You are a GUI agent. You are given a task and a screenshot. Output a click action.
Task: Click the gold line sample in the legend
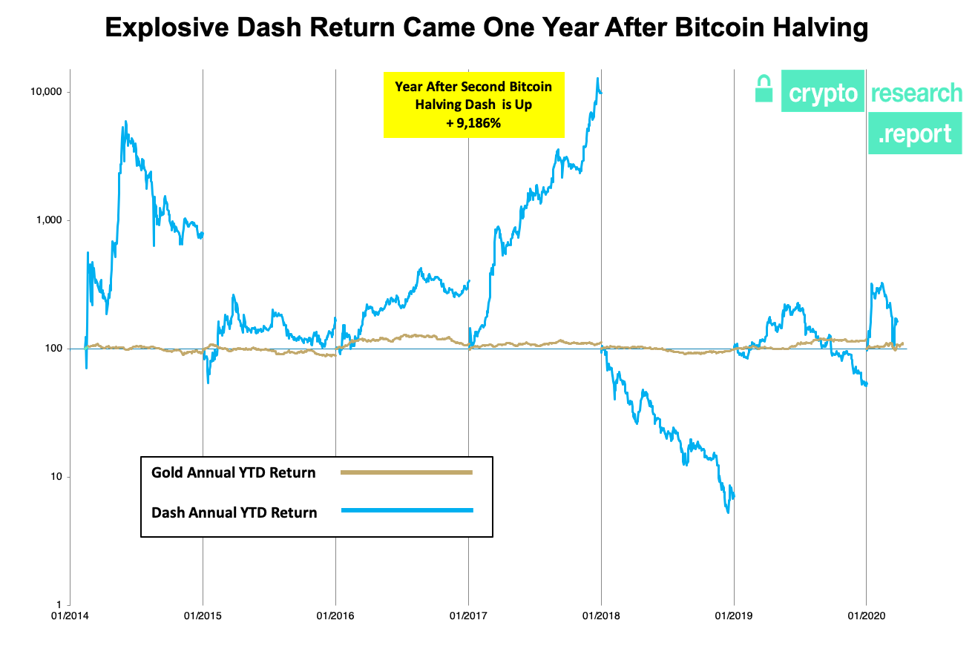click(x=407, y=472)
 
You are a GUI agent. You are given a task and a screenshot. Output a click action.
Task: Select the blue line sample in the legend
click(x=407, y=510)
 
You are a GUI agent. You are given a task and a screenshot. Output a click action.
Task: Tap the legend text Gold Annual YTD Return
click(x=234, y=472)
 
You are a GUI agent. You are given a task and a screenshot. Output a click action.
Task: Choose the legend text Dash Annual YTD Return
click(x=234, y=512)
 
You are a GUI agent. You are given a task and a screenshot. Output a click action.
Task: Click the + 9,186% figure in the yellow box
click(x=473, y=124)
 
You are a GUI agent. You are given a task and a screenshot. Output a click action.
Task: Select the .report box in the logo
click(x=914, y=134)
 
